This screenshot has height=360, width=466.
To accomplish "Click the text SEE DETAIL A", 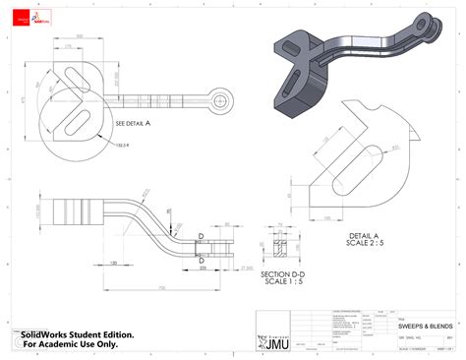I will [134, 124].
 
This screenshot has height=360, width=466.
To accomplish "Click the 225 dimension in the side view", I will [204, 267].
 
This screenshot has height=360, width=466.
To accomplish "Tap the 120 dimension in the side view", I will [114, 263].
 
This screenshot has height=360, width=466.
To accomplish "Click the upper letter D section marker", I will [202, 236].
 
